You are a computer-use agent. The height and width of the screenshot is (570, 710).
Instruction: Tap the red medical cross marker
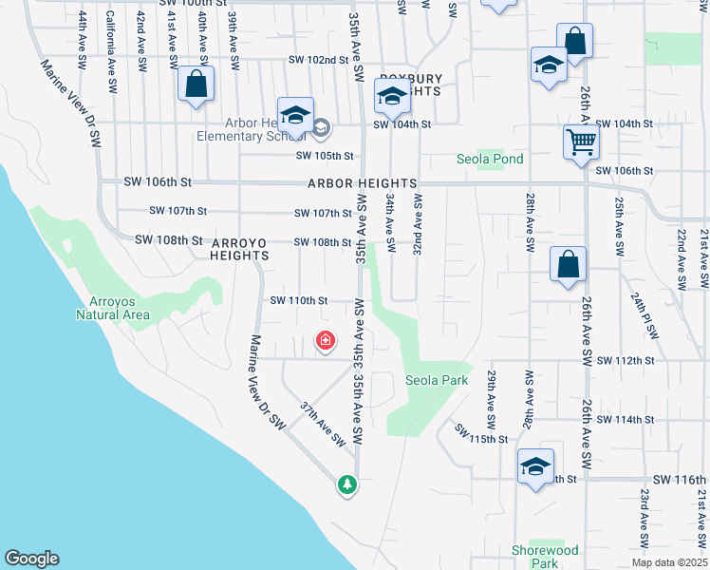tap(325, 340)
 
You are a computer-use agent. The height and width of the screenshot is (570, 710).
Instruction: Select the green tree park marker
tap(348, 484)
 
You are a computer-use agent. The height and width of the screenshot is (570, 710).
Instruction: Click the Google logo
tap(31, 559)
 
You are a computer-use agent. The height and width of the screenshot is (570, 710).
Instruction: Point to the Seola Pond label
tap(490, 159)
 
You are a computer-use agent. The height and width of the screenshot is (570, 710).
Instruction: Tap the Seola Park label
tap(438, 380)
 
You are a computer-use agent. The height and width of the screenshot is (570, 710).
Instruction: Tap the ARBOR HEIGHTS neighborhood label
tap(361, 182)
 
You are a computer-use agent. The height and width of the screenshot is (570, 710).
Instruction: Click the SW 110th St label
tap(299, 300)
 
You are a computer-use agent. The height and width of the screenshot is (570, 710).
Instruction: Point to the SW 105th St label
tap(325, 156)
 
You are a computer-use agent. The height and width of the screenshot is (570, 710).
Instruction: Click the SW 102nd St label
tap(312, 60)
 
